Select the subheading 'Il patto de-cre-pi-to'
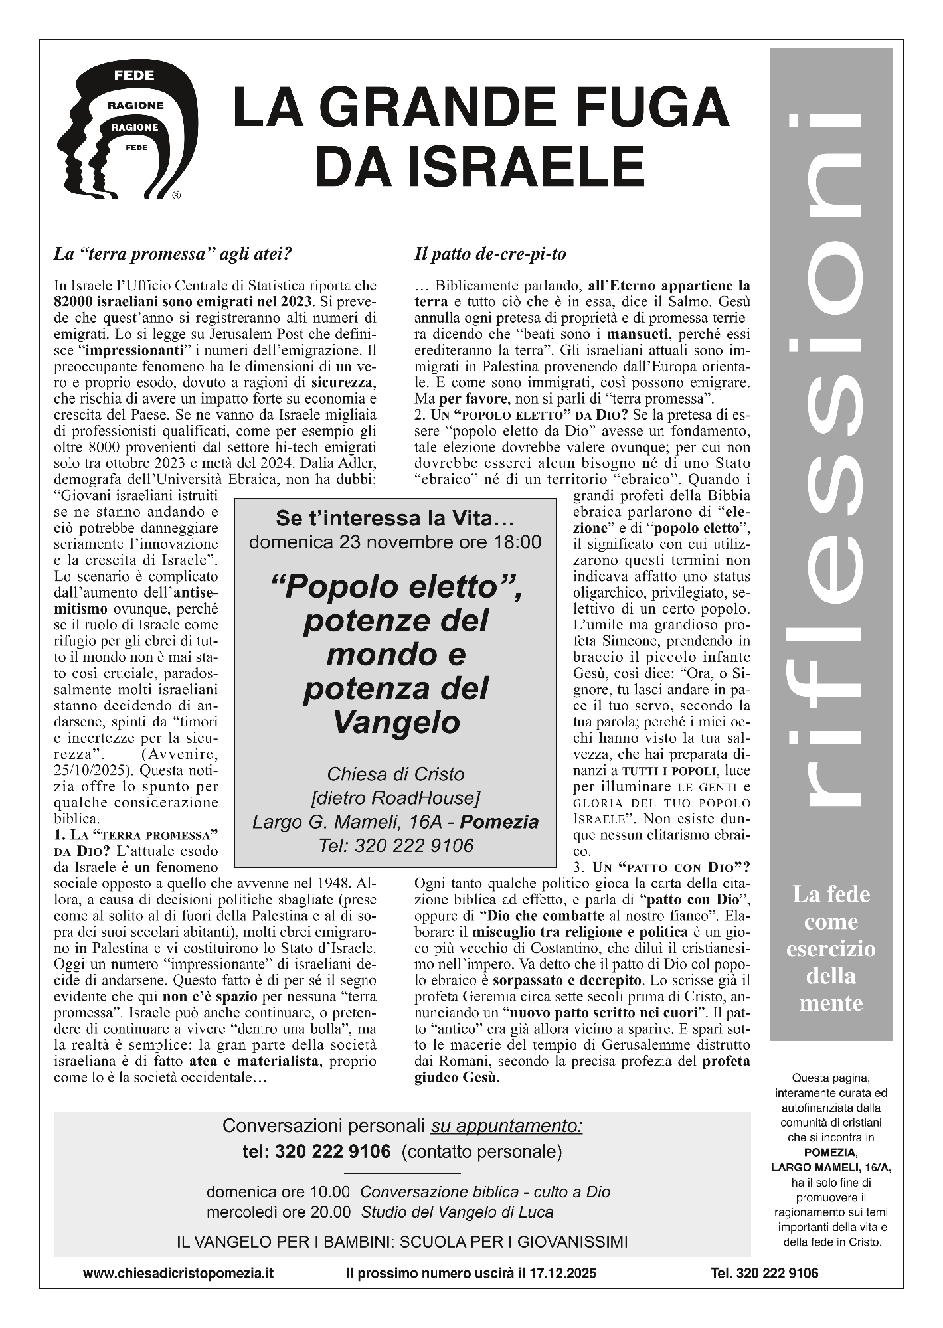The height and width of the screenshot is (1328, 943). coord(490,254)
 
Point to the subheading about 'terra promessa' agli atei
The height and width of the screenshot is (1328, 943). coord(173,254)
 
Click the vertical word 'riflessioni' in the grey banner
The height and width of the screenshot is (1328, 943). coord(830,458)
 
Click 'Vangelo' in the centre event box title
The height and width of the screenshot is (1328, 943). coord(396,722)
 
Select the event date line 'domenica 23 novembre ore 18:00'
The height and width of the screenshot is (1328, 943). coord(395,542)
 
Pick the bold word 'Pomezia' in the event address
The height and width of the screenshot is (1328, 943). coord(499,822)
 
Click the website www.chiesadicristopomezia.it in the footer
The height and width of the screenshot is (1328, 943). coord(178,1273)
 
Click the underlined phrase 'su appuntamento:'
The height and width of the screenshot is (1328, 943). coord(507,1126)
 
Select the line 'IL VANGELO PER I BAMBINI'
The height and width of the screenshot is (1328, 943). coord(402,1242)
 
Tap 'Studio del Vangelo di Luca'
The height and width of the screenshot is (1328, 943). coord(457,1212)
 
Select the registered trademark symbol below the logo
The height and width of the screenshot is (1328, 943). coord(176,196)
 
